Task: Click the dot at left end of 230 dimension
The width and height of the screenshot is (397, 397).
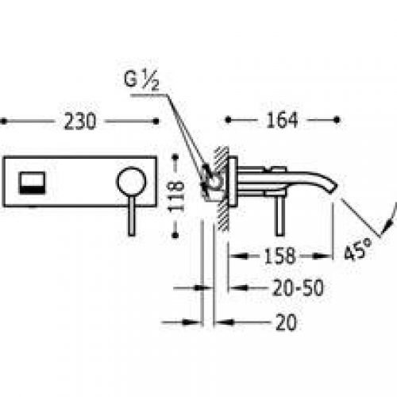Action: tap(2, 122)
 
